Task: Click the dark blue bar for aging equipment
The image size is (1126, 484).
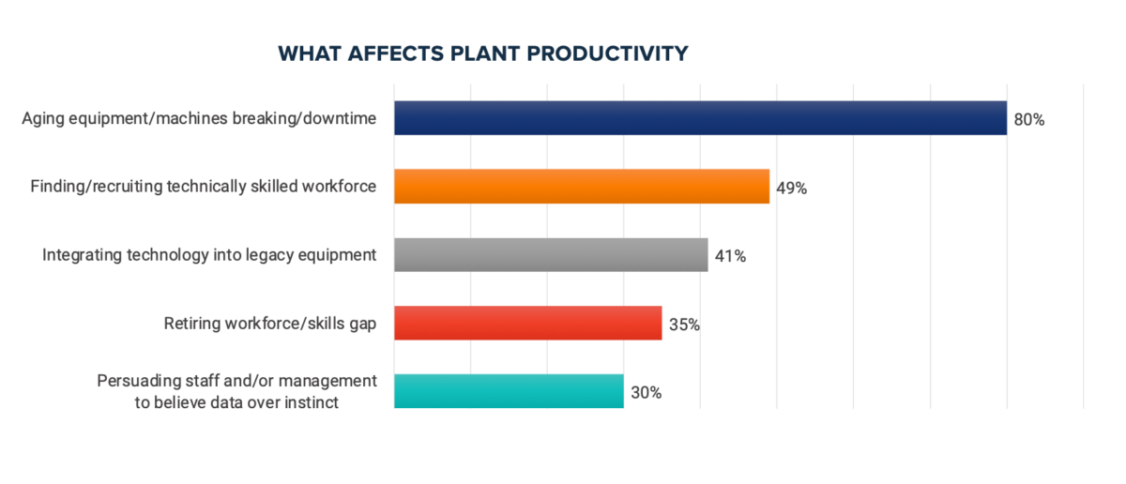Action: (700, 118)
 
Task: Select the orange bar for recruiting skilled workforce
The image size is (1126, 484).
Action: (582, 187)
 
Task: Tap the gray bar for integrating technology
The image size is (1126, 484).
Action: (551, 255)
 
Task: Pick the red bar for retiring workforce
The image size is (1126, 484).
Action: (527, 324)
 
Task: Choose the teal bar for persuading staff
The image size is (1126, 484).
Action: (509, 391)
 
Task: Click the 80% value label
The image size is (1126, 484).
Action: (1028, 120)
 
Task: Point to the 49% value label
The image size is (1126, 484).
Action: (791, 188)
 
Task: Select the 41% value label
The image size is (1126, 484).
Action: (729, 256)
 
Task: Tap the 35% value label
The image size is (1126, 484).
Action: (684, 325)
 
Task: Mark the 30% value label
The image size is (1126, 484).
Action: (646, 393)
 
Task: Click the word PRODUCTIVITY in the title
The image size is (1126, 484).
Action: (607, 53)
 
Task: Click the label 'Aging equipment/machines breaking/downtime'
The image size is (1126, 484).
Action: (199, 118)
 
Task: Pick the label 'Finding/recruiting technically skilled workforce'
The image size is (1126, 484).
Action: (204, 187)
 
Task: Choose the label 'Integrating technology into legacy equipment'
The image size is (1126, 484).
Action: (209, 255)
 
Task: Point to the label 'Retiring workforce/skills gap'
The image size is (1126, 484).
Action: (270, 324)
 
